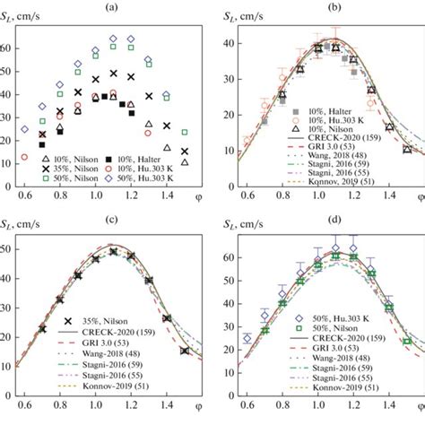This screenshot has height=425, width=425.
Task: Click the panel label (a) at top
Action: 104,8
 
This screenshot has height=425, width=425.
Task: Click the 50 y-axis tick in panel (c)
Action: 8,248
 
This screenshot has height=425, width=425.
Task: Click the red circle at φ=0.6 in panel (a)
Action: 25,158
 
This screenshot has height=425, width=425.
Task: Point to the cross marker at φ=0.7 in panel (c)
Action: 42,329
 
